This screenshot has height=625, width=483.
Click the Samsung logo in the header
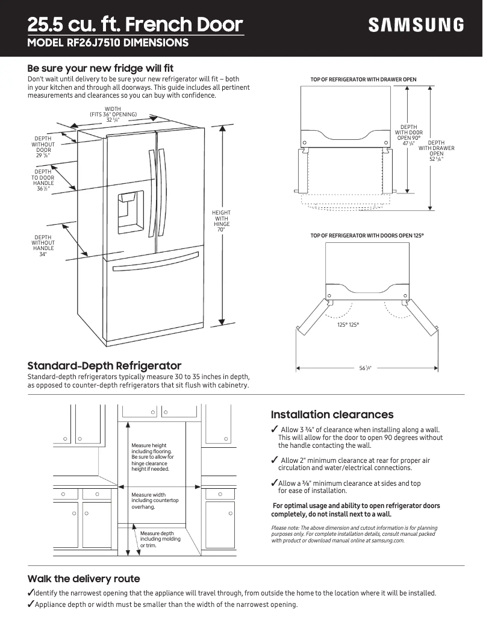416,25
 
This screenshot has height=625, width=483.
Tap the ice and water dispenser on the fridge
131,212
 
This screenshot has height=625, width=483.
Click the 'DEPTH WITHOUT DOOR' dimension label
43,147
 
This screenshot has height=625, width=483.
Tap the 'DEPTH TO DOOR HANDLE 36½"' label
43,180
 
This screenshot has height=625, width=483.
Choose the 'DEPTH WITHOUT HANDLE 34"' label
43,246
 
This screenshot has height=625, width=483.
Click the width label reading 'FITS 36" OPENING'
114,114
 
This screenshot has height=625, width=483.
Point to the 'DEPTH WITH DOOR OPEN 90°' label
408,135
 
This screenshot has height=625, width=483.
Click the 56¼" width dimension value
365,368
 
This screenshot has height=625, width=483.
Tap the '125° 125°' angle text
347,325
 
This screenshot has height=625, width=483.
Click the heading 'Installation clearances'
332,415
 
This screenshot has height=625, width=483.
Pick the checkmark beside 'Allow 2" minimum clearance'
275,460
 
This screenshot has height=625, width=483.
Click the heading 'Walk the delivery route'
84,579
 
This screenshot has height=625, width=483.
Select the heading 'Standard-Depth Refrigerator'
104,366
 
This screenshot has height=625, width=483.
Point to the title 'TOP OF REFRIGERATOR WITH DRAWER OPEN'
363,80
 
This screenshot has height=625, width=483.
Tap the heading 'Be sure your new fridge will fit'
101,68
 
